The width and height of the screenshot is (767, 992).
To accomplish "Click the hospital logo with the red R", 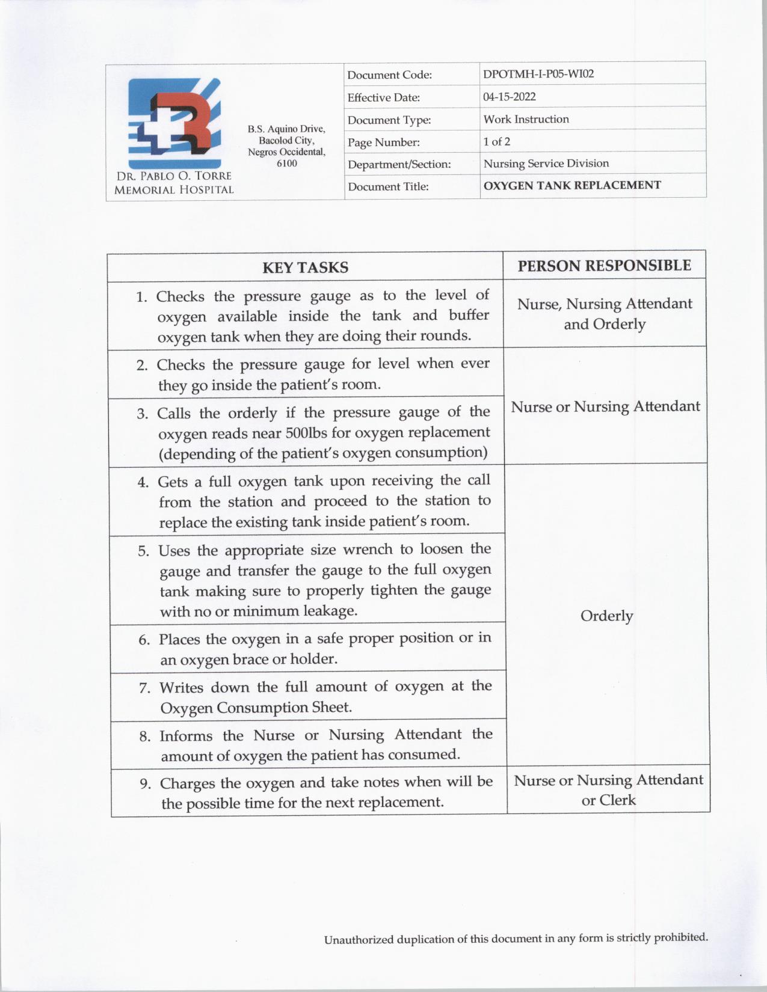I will [174, 123].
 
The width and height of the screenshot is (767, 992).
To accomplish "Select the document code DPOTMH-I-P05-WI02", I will [538, 74].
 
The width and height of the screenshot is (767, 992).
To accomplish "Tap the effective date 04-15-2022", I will [509, 97].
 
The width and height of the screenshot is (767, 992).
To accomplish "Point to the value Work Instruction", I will [526, 119].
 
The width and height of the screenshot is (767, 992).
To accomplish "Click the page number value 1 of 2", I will [496, 141].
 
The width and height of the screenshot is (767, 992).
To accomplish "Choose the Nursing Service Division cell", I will [546, 164].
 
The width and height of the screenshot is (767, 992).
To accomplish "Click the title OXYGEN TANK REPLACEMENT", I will [571, 185].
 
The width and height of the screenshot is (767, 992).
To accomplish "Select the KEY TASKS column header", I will [305, 268].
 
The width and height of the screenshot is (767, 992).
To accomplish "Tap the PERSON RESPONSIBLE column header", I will [604, 265].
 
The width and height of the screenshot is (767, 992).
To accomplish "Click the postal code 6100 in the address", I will [286, 164].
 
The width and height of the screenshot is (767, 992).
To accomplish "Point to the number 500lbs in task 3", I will [307, 433].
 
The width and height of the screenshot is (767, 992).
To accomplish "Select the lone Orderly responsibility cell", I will [606, 616].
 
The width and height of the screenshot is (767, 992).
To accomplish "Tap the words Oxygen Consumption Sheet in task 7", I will [256, 708].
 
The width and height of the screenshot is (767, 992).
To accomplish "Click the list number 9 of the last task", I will [144, 784].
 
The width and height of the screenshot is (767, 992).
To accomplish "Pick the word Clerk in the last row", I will [617, 800].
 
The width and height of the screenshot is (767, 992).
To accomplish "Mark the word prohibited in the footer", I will [680, 937].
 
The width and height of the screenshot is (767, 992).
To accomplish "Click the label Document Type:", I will [389, 120].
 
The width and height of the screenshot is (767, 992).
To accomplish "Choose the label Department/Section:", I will [399, 164].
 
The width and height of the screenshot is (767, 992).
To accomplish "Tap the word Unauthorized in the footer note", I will [359, 940].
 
